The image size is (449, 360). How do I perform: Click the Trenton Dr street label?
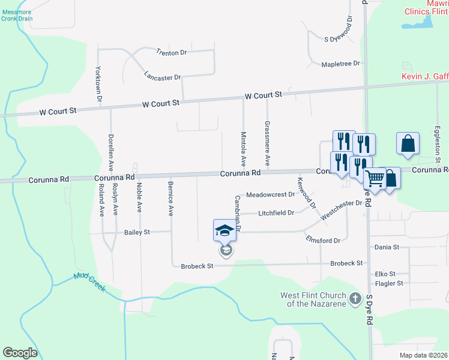pyautogui.click(x=172, y=53)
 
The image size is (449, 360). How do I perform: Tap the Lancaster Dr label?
pyautogui.click(x=162, y=76)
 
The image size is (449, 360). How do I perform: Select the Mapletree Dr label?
pyautogui.click(x=340, y=63)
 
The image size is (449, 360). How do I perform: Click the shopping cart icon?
pyautogui.click(x=375, y=178)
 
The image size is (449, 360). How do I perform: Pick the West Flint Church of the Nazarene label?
pyautogui.click(x=313, y=299)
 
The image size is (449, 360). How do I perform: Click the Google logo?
pyautogui.click(x=20, y=353)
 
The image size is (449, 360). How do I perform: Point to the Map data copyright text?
pyautogui.click(x=424, y=355)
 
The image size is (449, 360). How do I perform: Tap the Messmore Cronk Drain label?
pyautogui.click(x=16, y=15)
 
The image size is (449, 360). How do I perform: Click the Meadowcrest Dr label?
pyautogui.click(x=271, y=194)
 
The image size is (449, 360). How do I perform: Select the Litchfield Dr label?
pyautogui.click(x=276, y=213)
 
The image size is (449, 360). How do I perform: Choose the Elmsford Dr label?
pyautogui.click(x=323, y=241)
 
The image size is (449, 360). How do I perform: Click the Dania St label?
pyautogui.click(x=387, y=247)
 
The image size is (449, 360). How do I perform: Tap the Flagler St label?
pyautogui.click(x=389, y=283)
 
